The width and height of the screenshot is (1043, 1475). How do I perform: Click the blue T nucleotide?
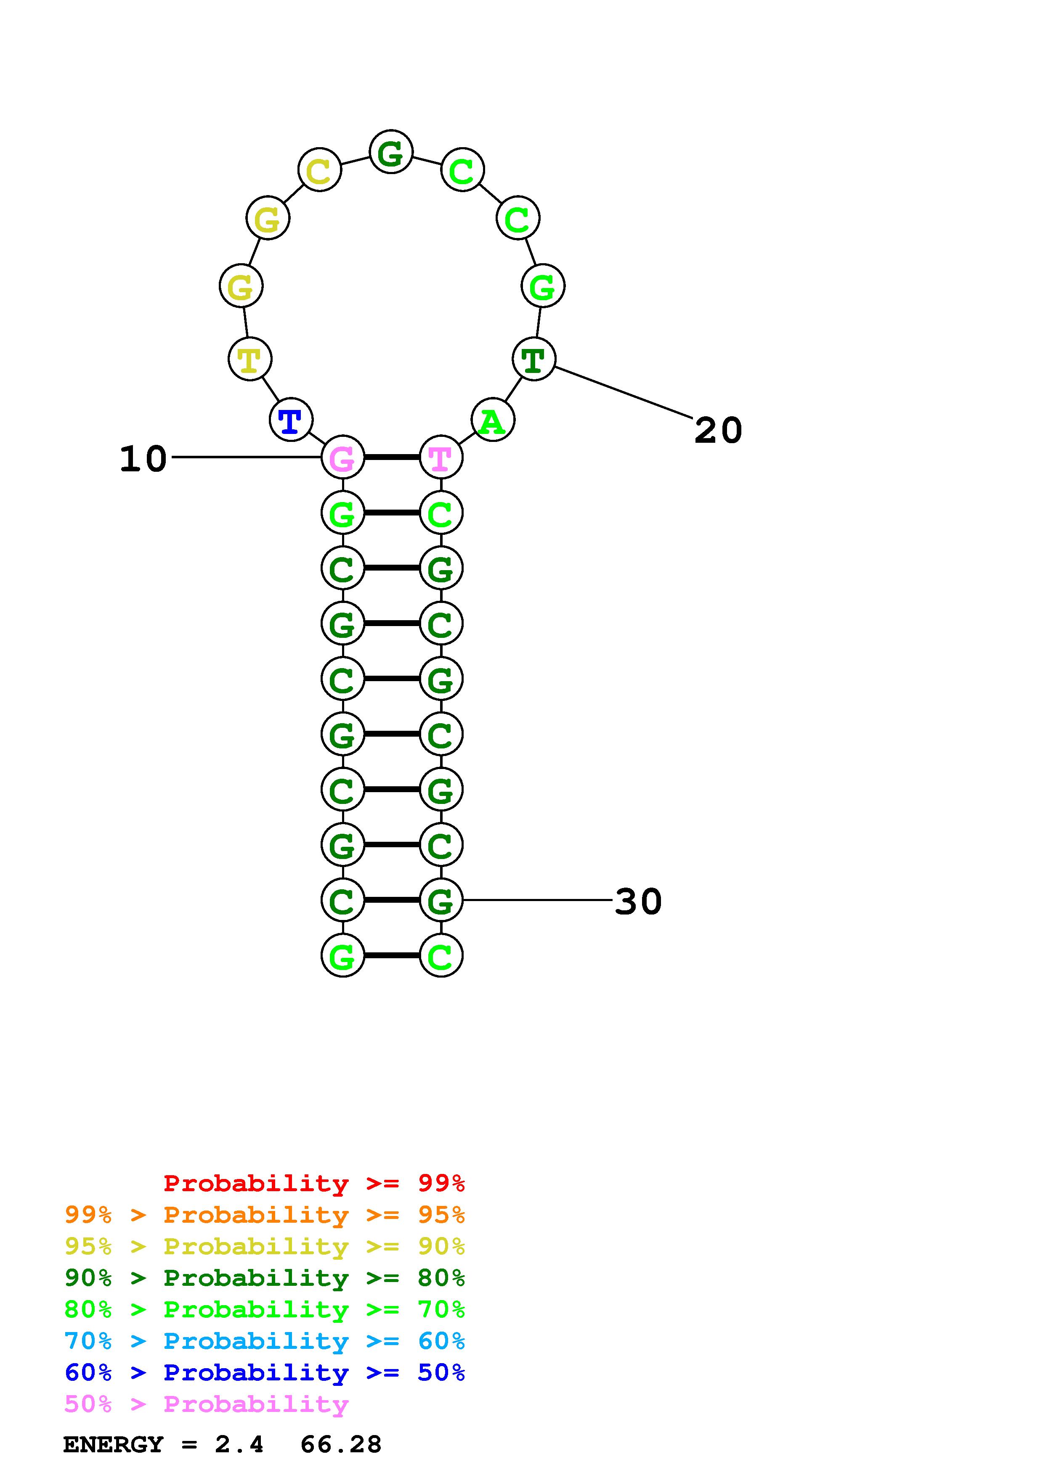click(x=290, y=421)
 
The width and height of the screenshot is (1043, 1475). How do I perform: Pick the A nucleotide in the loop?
click(x=492, y=421)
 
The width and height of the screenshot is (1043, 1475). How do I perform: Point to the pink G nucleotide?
click(x=342, y=457)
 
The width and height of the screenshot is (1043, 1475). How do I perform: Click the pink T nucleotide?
click(x=441, y=457)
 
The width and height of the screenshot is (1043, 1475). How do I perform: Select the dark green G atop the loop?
click(x=391, y=152)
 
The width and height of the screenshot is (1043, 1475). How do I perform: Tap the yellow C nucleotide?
click(x=319, y=170)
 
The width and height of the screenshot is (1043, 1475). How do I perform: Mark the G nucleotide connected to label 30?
click(x=441, y=900)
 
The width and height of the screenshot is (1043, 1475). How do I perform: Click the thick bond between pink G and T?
click(x=391, y=457)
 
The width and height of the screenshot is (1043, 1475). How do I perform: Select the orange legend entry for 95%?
click(x=264, y=1215)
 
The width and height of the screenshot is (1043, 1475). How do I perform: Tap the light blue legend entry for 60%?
click(x=264, y=1341)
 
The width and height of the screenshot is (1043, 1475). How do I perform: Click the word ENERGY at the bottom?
click(x=113, y=1444)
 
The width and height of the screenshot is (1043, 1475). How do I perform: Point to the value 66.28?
click(x=341, y=1444)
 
